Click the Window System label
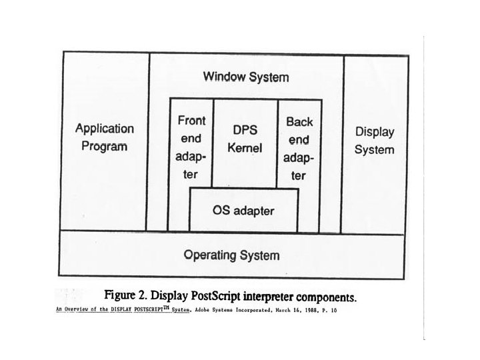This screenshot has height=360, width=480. [x=246, y=77]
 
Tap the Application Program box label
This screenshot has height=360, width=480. [x=104, y=137]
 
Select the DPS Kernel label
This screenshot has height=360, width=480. [x=245, y=138]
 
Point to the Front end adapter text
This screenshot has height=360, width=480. [x=191, y=148]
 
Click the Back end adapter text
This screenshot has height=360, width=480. [x=299, y=149]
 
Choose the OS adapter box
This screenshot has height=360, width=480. [x=243, y=211]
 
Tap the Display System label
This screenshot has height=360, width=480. [x=374, y=141]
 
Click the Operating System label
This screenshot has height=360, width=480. [x=231, y=255]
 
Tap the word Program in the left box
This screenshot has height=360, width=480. [x=104, y=147]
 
